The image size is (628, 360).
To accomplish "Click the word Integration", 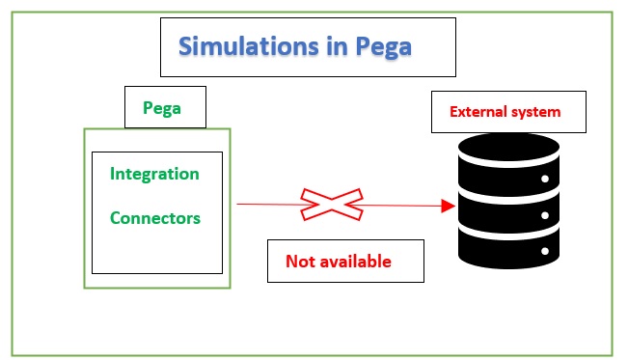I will [154, 174].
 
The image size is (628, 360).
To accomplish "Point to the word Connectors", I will [154, 218].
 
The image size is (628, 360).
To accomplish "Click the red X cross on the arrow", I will [331, 204].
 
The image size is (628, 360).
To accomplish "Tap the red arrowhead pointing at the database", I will [448, 206].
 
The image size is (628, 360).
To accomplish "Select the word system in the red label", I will [536, 112].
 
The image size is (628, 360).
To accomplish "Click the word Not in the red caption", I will [299, 262].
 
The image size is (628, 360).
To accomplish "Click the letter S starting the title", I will [186, 46].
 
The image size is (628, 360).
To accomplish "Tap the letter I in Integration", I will [113, 174].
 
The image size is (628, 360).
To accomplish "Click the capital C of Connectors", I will [116, 218].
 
